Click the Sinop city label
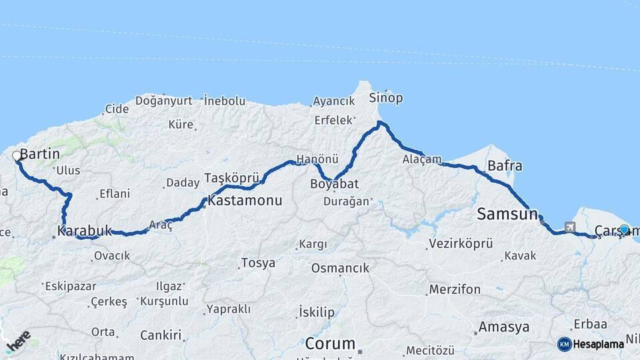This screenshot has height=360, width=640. click(x=386, y=98)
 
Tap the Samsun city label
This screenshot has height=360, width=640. click(x=507, y=214)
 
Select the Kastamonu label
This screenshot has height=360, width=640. click(x=245, y=200)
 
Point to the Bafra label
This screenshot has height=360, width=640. click(x=505, y=165)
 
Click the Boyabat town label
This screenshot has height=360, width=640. click(x=335, y=184)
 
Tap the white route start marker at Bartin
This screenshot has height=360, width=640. click(x=17, y=156)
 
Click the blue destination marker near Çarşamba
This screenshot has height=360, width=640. click(x=624, y=229)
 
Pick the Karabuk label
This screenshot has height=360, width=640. click(x=85, y=231)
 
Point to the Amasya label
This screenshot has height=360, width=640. click(x=504, y=327)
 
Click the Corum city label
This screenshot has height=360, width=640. click(x=330, y=344)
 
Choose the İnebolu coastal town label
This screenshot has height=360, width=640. click(x=225, y=101)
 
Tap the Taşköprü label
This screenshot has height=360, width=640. click(x=231, y=178)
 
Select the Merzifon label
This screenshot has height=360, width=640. click(x=455, y=289)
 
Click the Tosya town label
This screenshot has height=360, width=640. click(x=258, y=263)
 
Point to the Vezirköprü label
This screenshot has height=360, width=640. click(x=460, y=243)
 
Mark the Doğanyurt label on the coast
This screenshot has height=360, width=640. click(x=163, y=101)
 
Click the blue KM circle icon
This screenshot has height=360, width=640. click(x=565, y=344)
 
